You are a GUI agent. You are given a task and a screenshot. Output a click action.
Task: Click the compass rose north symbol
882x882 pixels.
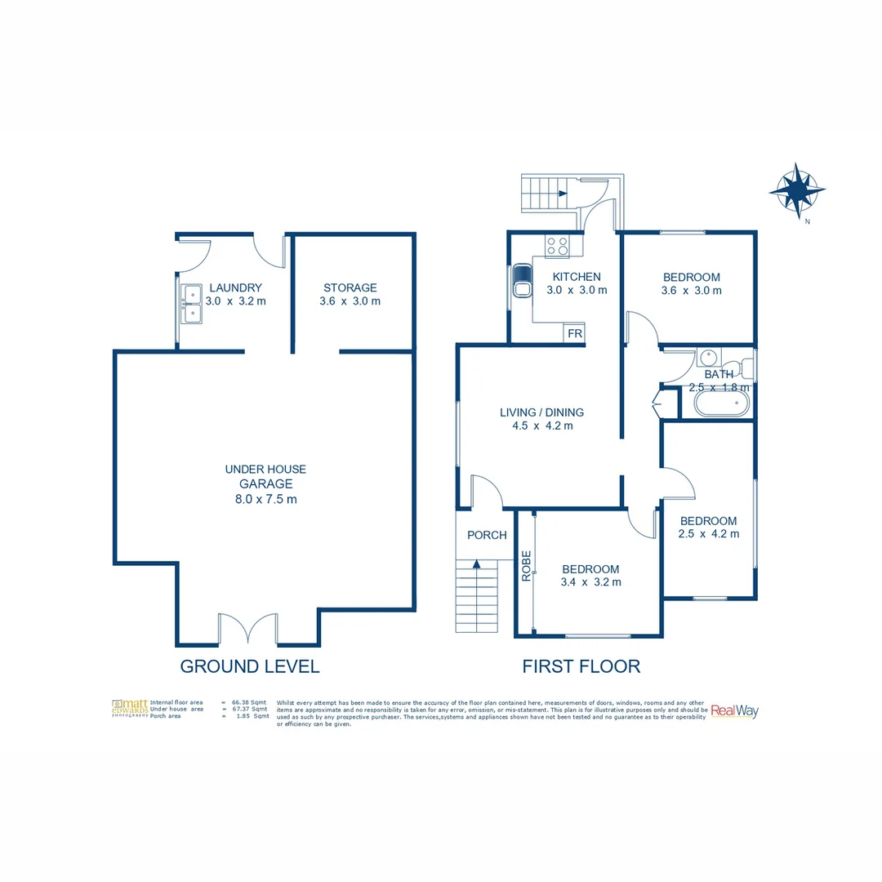click(x=796, y=190)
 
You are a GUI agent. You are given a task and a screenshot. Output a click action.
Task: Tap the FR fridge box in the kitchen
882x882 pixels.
click(x=574, y=334)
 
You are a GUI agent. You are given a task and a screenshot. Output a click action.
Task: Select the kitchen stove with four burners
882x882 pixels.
click(x=558, y=247)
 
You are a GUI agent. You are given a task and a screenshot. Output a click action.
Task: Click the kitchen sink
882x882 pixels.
click(x=520, y=286)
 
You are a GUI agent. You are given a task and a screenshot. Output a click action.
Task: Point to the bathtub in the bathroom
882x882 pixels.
click(x=720, y=403)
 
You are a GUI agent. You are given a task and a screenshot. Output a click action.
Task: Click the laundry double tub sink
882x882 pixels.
click(x=191, y=302)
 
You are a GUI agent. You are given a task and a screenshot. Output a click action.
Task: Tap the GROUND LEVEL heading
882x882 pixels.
click(x=249, y=666)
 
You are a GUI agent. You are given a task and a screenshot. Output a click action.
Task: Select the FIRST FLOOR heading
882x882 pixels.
click(x=581, y=666)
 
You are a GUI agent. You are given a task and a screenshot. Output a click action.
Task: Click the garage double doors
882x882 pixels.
click(x=248, y=630)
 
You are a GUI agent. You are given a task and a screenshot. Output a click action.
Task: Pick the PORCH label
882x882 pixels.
click(x=487, y=536)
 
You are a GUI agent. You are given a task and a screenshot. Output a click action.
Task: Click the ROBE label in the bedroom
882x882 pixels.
click(x=527, y=566)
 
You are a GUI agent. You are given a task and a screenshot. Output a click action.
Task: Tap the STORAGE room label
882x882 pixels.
click(x=350, y=287)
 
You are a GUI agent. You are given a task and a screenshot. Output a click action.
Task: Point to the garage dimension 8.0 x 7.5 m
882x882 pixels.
click(x=265, y=499)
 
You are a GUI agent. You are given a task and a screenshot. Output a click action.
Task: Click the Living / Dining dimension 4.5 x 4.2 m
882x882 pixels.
click(x=541, y=425)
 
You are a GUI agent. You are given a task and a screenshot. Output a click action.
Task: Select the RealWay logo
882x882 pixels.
click(x=734, y=710)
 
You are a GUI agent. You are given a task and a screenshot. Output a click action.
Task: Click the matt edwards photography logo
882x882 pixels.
click(x=130, y=708)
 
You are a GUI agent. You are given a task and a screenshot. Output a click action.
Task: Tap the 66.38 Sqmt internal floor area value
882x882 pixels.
click(x=250, y=702)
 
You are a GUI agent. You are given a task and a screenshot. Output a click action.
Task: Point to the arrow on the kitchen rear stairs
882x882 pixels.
click(x=563, y=194)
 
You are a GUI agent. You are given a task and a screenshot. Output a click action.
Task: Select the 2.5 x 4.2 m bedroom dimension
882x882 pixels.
click(x=708, y=534)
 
